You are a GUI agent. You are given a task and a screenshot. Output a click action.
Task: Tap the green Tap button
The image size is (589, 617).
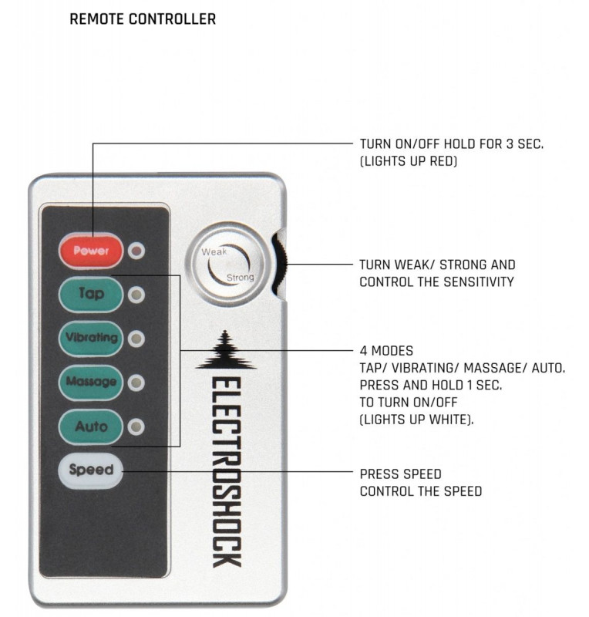(x=91, y=294)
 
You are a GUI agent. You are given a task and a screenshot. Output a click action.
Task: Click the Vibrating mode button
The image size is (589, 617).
(x=91, y=338)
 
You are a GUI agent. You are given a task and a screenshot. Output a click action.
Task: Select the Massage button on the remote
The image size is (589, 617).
(x=91, y=382)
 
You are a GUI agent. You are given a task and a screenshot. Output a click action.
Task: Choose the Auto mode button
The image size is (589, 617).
(x=91, y=426)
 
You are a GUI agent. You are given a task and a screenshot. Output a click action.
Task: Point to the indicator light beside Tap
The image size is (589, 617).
(x=137, y=295)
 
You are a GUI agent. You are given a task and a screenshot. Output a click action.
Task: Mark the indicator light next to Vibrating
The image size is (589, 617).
(x=137, y=339)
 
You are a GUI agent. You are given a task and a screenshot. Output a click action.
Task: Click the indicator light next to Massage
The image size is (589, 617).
(x=137, y=383)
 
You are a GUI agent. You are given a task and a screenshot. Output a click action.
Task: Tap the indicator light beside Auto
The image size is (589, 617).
(x=137, y=427)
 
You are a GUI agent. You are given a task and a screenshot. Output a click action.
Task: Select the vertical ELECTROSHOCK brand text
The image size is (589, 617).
(x=226, y=470)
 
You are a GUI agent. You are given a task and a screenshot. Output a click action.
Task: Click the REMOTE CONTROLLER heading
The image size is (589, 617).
(x=143, y=19)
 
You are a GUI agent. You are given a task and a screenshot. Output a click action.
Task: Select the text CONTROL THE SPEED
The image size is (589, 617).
(x=421, y=491)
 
